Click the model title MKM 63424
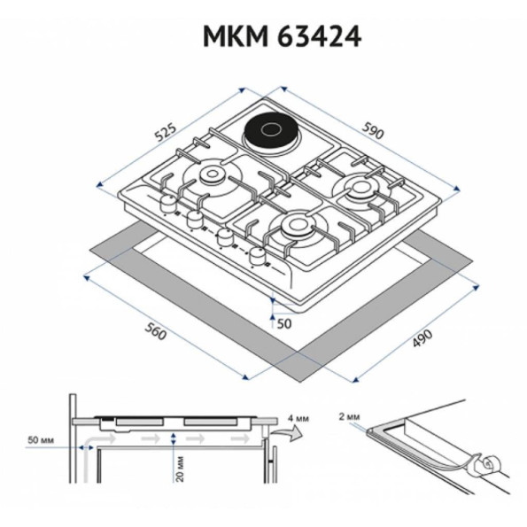[282, 36]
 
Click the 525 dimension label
[165, 133]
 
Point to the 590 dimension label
[373, 130]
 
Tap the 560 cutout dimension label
[156, 331]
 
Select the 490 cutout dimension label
[422, 338]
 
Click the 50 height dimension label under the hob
[284, 323]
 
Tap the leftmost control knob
[167, 202]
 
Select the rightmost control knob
[258, 256]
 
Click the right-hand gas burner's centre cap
[360, 186]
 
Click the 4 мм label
[298, 418]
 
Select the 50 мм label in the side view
[41, 440]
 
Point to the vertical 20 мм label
[181, 469]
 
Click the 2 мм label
[349, 417]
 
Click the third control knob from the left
[225, 237]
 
